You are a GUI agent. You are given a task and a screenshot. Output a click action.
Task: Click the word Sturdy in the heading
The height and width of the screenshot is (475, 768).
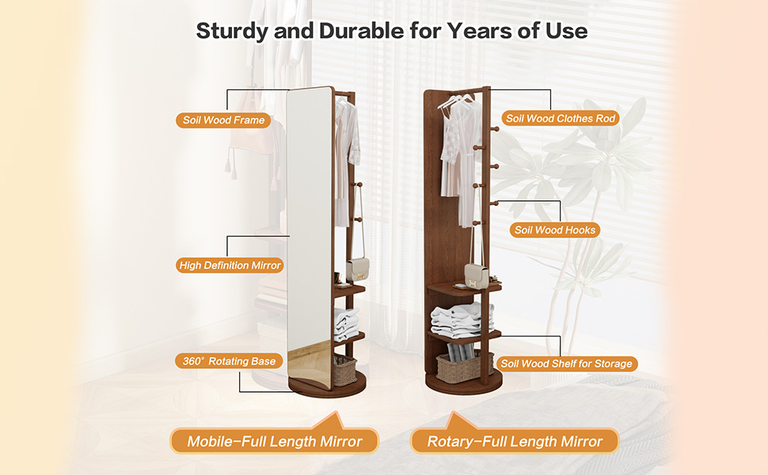[232, 31]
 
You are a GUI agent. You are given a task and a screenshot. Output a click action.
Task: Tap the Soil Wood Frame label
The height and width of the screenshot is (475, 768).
[223, 120]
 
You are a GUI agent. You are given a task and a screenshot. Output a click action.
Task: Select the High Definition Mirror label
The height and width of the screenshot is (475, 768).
[230, 265]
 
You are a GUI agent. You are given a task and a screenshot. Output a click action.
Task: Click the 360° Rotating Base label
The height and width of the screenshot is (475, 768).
[229, 361]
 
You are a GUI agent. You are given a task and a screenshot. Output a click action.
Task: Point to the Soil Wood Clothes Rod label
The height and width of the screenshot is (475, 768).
[561, 119]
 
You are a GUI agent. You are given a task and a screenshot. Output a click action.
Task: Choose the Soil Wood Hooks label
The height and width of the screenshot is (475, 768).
[554, 230]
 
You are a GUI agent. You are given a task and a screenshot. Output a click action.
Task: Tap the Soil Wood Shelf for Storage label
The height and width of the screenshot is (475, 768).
[567, 364]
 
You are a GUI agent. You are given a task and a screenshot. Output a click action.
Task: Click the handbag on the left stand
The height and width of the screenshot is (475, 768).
[357, 270]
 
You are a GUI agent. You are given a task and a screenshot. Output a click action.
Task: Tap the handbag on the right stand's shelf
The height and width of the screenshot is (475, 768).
[476, 275]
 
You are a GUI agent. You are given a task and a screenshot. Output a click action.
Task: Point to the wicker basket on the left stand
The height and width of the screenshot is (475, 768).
[345, 370]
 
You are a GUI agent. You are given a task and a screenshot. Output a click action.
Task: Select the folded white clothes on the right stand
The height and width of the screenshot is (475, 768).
[462, 320]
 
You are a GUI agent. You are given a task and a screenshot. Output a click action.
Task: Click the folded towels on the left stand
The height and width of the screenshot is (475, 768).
[347, 325]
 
